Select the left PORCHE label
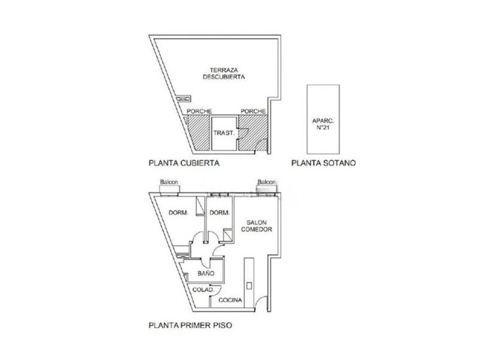pyautogui.click(x=199, y=111)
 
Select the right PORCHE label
pyautogui.click(x=251, y=111)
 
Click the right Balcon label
pyautogui.click(x=267, y=183)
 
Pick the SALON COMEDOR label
pyautogui.click(x=253, y=226)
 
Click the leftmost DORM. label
pyautogui.click(x=179, y=213)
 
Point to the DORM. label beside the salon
pyautogui.click(x=218, y=213)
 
